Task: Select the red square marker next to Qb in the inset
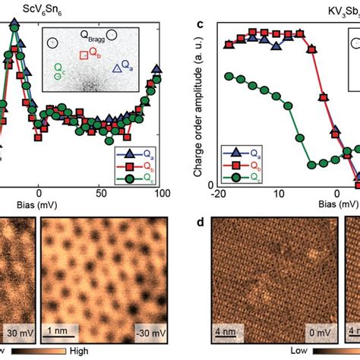(x=84, y=54)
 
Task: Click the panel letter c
(x=198, y=24)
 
